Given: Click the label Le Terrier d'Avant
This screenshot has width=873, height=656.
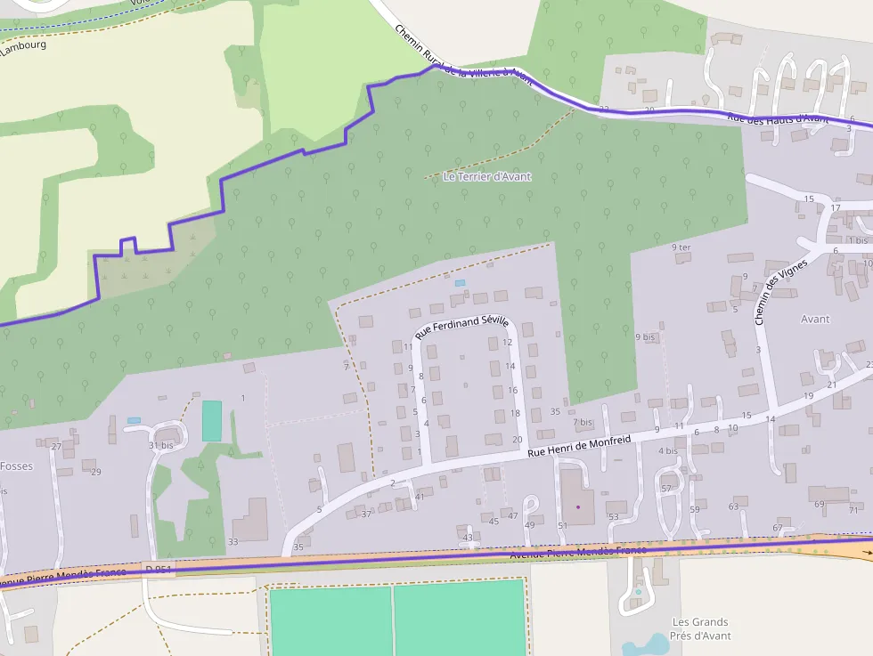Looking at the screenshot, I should click(x=486, y=176).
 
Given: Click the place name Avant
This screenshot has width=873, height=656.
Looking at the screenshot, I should click(x=814, y=319).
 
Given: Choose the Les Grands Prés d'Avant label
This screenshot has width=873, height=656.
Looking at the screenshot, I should click(x=701, y=628).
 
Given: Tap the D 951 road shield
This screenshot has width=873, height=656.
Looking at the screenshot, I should click(x=158, y=568).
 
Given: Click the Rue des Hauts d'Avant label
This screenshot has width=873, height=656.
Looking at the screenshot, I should click(x=778, y=118).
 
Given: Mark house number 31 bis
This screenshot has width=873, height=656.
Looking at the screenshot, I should click(x=160, y=445).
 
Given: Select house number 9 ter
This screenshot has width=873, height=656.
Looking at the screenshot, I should click(x=681, y=247).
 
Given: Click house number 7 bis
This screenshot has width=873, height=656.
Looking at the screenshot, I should click(x=583, y=422).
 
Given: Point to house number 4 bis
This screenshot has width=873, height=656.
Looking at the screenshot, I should click(x=667, y=450).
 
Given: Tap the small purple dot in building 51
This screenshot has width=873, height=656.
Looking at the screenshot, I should click(x=577, y=506).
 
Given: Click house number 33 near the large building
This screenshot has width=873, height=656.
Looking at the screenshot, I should click(x=233, y=541).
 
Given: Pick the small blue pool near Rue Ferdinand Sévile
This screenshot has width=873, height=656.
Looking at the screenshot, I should click(x=460, y=283).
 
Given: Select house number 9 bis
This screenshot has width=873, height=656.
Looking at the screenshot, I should click(x=645, y=337).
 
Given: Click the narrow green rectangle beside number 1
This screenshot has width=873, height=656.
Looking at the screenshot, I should click(x=211, y=420).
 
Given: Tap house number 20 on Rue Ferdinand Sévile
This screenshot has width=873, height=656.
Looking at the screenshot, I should click(x=518, y=440).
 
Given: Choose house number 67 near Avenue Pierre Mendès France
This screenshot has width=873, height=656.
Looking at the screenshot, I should click(x=777, y=528).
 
